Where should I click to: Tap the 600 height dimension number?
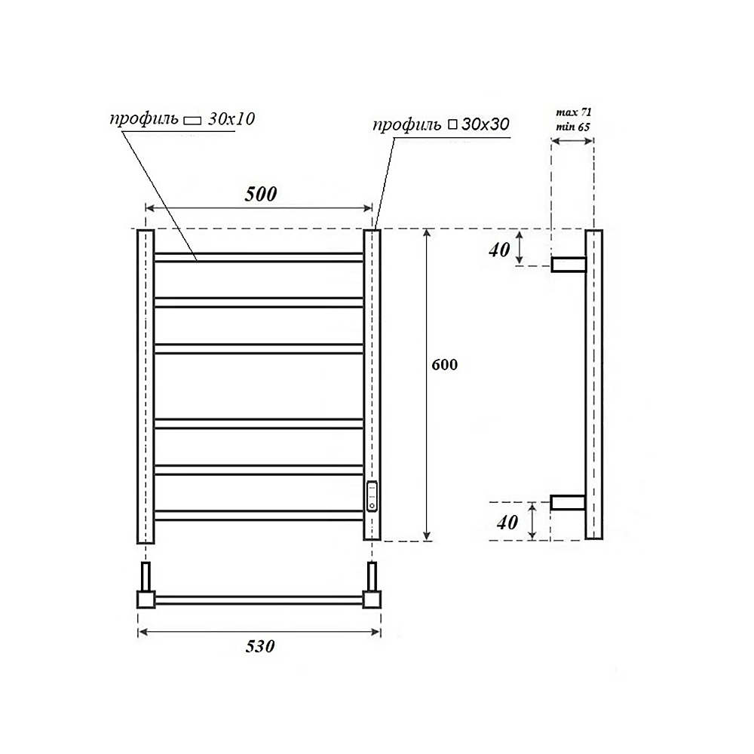tap(445, 364)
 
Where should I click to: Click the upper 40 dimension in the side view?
tap(499, 250)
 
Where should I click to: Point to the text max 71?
tap(573, 112)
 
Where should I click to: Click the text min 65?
tap(573, 127)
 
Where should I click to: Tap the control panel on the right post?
tap(372, 495)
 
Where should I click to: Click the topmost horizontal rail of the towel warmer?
tap(259, 257)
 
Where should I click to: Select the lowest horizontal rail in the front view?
tap(259, 516)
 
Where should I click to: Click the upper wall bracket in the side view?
tap(569, 264)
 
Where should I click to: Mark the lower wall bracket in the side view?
tap(569, 502)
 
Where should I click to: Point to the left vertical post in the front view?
tap(146, 385)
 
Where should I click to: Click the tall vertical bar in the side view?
tap(594, 385)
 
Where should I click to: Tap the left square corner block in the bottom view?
tap(146, 599)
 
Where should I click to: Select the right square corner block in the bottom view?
tap(372, 599)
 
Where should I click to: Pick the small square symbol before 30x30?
tap(452, 125)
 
